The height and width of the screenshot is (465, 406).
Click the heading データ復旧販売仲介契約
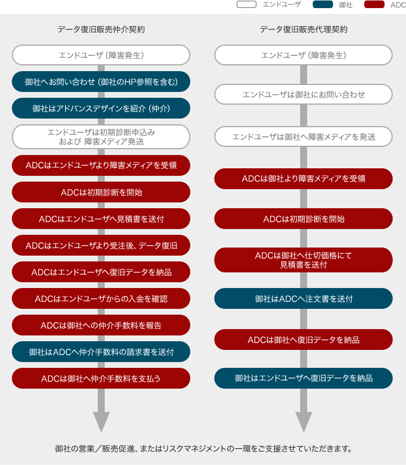pos(101,29)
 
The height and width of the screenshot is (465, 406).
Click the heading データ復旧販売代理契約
pos(304,29)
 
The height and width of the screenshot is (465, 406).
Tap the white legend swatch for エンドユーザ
pos(246,5)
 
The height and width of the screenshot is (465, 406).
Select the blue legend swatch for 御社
pos(323,5)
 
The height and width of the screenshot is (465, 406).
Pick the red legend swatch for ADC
pos(374,5)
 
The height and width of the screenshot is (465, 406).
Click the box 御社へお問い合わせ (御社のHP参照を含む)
pos(101,82)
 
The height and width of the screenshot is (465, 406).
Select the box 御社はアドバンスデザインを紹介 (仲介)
pos(101,108)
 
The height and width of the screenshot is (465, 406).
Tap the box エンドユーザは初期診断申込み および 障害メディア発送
pos(101,136)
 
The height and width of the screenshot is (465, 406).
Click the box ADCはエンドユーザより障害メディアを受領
pos(101,165)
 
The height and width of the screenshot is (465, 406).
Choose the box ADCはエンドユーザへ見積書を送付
pos(101,219)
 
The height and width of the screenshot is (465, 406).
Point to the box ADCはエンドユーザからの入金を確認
pos(101,298)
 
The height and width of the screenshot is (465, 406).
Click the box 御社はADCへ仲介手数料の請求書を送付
pos(101,352)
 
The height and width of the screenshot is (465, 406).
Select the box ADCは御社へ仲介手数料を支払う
pos(101,378)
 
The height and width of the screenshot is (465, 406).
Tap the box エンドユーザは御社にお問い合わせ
pos(304,94)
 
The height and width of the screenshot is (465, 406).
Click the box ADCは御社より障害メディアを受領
pos(304,179)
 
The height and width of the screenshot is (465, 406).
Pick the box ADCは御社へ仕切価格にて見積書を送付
pos(304,260)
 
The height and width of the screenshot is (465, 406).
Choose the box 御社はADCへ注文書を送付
pos(304,298)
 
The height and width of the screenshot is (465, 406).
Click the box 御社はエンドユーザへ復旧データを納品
pos(304,378)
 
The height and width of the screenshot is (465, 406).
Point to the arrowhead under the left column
pos(101,422)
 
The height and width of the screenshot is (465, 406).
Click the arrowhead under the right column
pos(304,422)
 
